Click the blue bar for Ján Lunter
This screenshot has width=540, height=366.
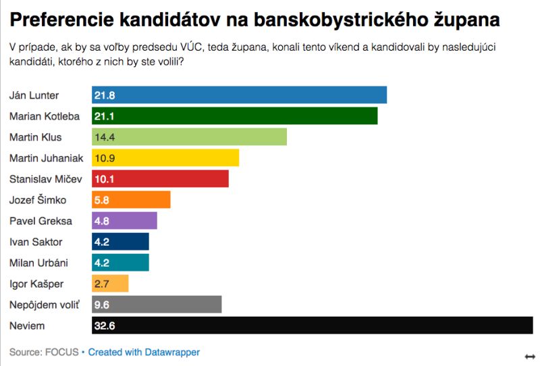[239, 95]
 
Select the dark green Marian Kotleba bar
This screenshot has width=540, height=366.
[234, 116]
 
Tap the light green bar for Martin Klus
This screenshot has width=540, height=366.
[189, 137]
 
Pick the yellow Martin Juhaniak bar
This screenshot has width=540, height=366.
[165, 158]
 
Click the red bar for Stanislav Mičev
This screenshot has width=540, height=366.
[160, 179]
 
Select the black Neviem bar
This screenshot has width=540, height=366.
[312, 325]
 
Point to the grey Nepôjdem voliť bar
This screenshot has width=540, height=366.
[157, 305]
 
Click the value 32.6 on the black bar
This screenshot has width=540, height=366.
[105, 325]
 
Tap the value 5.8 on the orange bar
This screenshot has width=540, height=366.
[102, 200]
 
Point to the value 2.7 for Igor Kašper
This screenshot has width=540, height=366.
[102, 284]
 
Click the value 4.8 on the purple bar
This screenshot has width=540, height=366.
[102, 221]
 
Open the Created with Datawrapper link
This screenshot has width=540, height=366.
[144, 352]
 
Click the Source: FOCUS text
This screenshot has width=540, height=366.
[43, 352]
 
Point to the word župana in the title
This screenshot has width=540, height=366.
[466, 20]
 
